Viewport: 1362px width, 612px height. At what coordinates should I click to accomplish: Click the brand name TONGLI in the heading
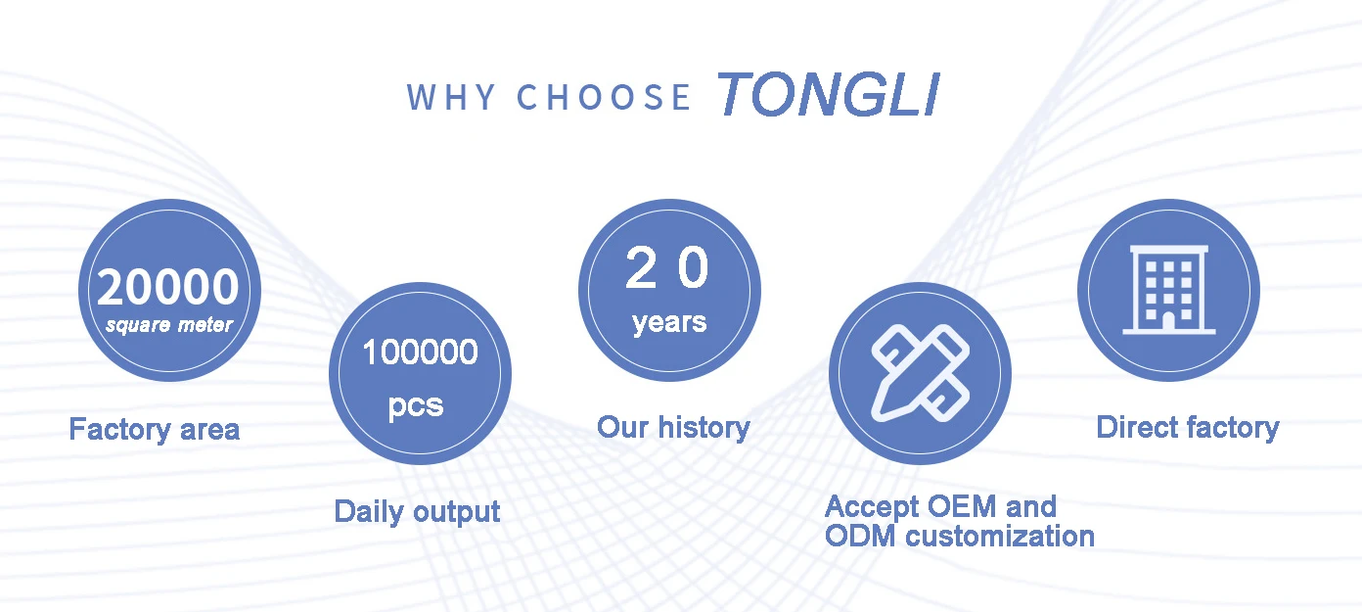point(829,94)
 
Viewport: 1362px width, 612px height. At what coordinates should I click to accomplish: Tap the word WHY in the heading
point(452,97)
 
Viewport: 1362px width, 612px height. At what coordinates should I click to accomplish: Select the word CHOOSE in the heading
point(604,97)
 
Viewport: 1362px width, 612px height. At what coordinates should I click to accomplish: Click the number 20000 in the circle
point(168,287)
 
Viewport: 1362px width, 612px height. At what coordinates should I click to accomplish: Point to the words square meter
point(169,325)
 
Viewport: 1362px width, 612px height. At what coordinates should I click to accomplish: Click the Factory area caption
point(155,430)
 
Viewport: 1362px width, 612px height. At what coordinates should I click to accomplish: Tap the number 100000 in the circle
point(420,353)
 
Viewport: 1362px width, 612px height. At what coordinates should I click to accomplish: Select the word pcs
point(417,405)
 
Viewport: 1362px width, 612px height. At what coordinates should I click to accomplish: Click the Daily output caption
point(417,511)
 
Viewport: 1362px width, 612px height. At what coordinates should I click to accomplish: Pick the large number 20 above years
point(667,267)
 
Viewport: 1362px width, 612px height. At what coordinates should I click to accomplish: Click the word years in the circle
point(669,322)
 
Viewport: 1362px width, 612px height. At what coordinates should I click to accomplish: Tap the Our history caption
point(674,428)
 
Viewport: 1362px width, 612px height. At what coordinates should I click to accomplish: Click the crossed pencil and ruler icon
point(921,373)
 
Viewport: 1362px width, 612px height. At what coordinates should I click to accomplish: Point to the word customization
point(1000,537)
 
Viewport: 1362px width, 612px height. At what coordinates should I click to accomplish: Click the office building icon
point(1168,290)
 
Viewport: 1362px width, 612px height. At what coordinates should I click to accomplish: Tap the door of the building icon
point(1168,322)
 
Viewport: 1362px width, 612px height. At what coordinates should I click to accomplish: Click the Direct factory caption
point(1188,428)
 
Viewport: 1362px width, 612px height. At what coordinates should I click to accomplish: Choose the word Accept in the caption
point(872,507)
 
